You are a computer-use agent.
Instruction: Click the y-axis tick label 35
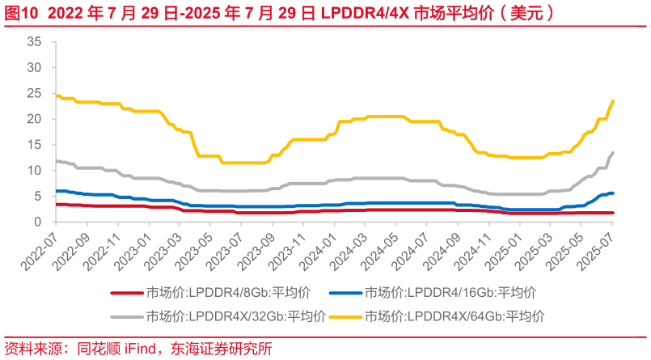coord(34,41)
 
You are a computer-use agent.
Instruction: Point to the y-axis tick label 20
coord(34,119)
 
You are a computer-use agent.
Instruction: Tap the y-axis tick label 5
coord(37,196)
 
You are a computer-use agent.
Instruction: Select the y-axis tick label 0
coord(37,222)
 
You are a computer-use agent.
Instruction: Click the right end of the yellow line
coord(613,101)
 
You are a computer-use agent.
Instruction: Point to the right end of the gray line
coord(613,152)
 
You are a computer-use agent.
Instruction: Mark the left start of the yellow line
coord(55,95)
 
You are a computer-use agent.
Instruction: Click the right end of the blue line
coord(613,193)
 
